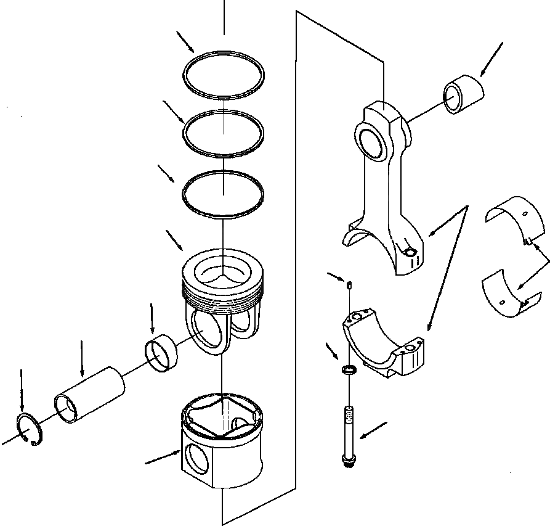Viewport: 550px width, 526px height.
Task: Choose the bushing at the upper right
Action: tap(464, 94)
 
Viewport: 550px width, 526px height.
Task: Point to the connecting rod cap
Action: tap(385, 345)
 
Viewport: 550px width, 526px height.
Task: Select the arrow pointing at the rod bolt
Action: tap(373, 431)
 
